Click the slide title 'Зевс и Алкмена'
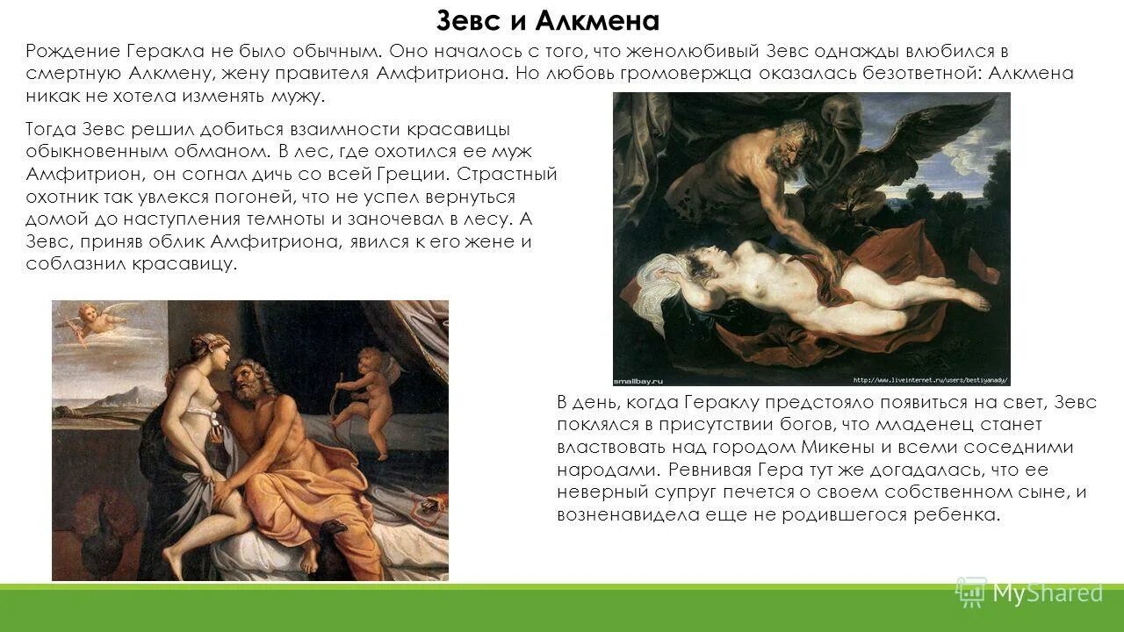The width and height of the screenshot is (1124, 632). click(548, 20)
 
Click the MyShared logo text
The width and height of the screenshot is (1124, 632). click(1047, 593)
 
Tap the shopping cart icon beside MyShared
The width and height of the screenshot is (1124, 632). click(970, 592)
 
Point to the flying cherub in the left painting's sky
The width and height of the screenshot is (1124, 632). click(95, 320)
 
